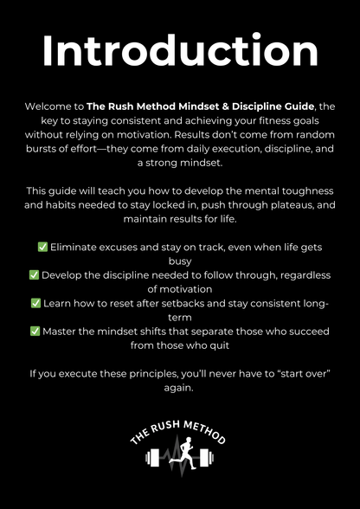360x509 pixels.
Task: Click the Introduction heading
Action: (x=180, y=53)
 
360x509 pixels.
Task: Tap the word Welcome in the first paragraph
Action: (x=49, y=106)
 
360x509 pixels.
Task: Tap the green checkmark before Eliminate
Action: (x=42, y=247)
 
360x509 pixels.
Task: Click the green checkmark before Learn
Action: (x=35, y=303)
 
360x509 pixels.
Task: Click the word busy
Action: (x=180, y=261)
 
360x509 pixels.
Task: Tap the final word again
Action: (x=180, y=388)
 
